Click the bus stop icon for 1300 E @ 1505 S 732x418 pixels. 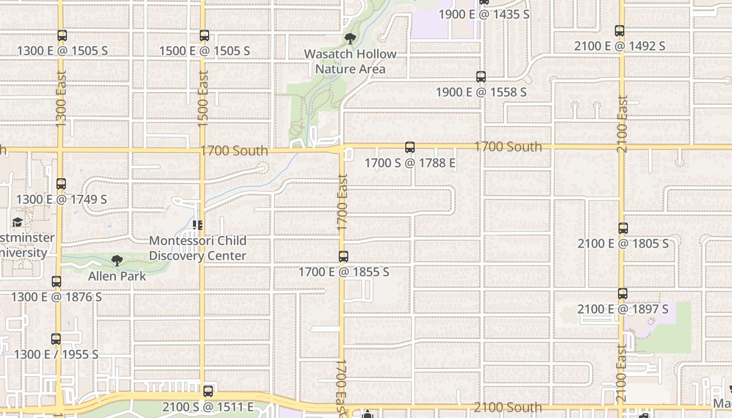pyautogui.click(x=62, y=36)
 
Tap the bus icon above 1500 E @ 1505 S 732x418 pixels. pyautogui.click(x=204, y=36)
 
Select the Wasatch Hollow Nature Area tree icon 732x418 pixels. pyautogui.click(x=350, y=39)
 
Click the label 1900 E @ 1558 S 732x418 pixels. pyautogui.click(x=481, y=92)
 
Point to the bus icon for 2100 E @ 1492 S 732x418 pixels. pyautogui.click(x=620, y=31)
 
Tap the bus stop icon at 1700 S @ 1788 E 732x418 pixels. pyautogui.click(x=410, y=148)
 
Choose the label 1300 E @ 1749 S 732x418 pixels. pyautogui.click(x=61, y=199)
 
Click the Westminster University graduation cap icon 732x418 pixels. pyautogui.click(x=17, y=223)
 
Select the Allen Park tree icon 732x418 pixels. pyautogui.click(x=117, y=261)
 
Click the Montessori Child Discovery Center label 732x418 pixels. pyautogui.click(x=198, y=248)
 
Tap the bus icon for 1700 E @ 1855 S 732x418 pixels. pyautogui.click(x=344, y=257)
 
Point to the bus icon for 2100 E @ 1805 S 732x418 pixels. pyautogui.click(x=623, y=228)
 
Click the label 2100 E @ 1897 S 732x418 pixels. pyautogui.click(x=623, y=309)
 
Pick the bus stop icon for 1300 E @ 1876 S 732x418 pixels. pyautogui.click(x=56, y=282)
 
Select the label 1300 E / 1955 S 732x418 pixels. pyautogui.click(x=56, y=354)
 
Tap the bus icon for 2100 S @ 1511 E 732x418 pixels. pyautogui.click(x=208, y=391)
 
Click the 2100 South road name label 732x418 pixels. pyautogui.click(x=508, y=407)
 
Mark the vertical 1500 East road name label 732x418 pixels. pyautogui.click(x=203, y=98)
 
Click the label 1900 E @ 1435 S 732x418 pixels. pyautogui.click(x=484, y=14)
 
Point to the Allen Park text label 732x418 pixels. pyautogui.click(x=117, y=275)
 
